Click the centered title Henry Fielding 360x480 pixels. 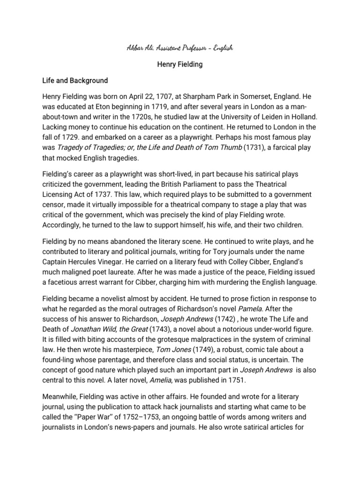pyautogui.click(x=180, y=64)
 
